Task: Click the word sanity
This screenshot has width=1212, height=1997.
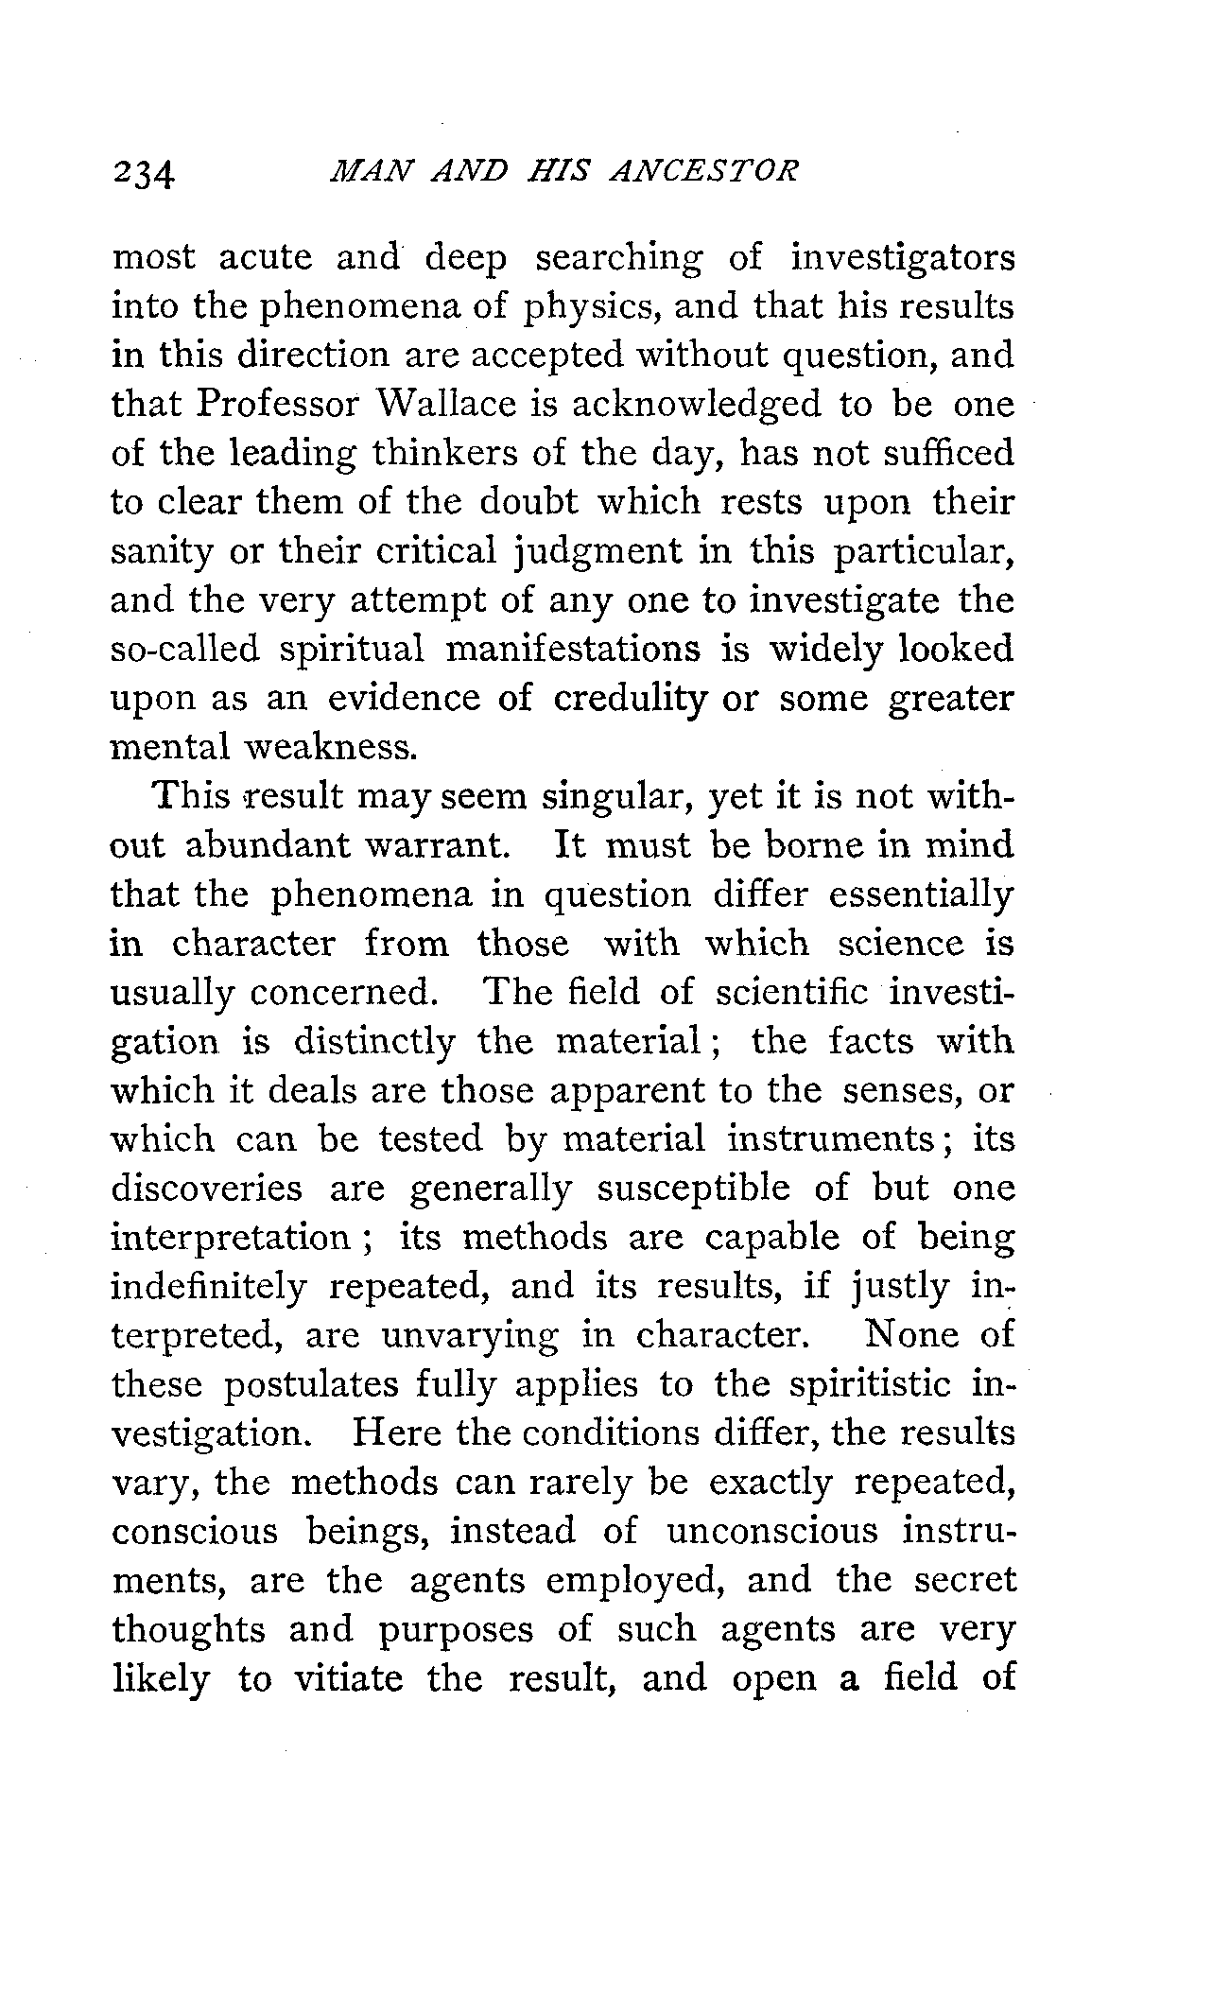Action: pyautogui.click(x=162, y=551)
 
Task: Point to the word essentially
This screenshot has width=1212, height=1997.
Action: pyautogui.click(x=920, y=895)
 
